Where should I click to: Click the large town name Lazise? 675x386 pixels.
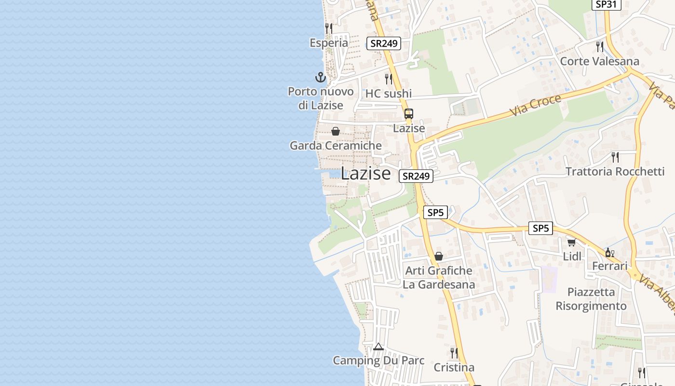tap(365, 174)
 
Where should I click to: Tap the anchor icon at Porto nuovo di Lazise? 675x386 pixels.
tap(321, 77)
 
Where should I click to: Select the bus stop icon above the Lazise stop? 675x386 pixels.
tap(409, 114)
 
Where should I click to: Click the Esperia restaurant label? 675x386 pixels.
tap(329, 43)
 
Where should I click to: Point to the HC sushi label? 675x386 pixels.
tap(389, 94)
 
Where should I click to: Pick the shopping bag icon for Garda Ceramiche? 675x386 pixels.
tap(336, 131)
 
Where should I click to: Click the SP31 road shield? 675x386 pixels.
tap(607, 4)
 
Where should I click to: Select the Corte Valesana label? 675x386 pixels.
tap(599, 61)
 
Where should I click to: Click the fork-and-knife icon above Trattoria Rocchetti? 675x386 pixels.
tap(615, 157)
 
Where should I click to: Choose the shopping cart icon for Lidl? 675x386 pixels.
tap(572, 242)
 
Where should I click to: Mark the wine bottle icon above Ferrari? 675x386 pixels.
tap(609, 252)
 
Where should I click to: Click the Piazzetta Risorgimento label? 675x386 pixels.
tap(591, 299)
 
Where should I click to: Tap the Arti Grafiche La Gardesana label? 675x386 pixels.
tap(439, 277)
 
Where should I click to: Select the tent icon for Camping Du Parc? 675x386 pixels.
tap(378, 346)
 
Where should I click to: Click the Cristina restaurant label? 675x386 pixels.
tap(454, 368)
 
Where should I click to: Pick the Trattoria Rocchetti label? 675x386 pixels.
tap(615, 172)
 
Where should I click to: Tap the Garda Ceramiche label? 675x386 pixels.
tap(336, 145)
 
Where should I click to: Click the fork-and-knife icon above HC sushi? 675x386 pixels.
tap(389, 79)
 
